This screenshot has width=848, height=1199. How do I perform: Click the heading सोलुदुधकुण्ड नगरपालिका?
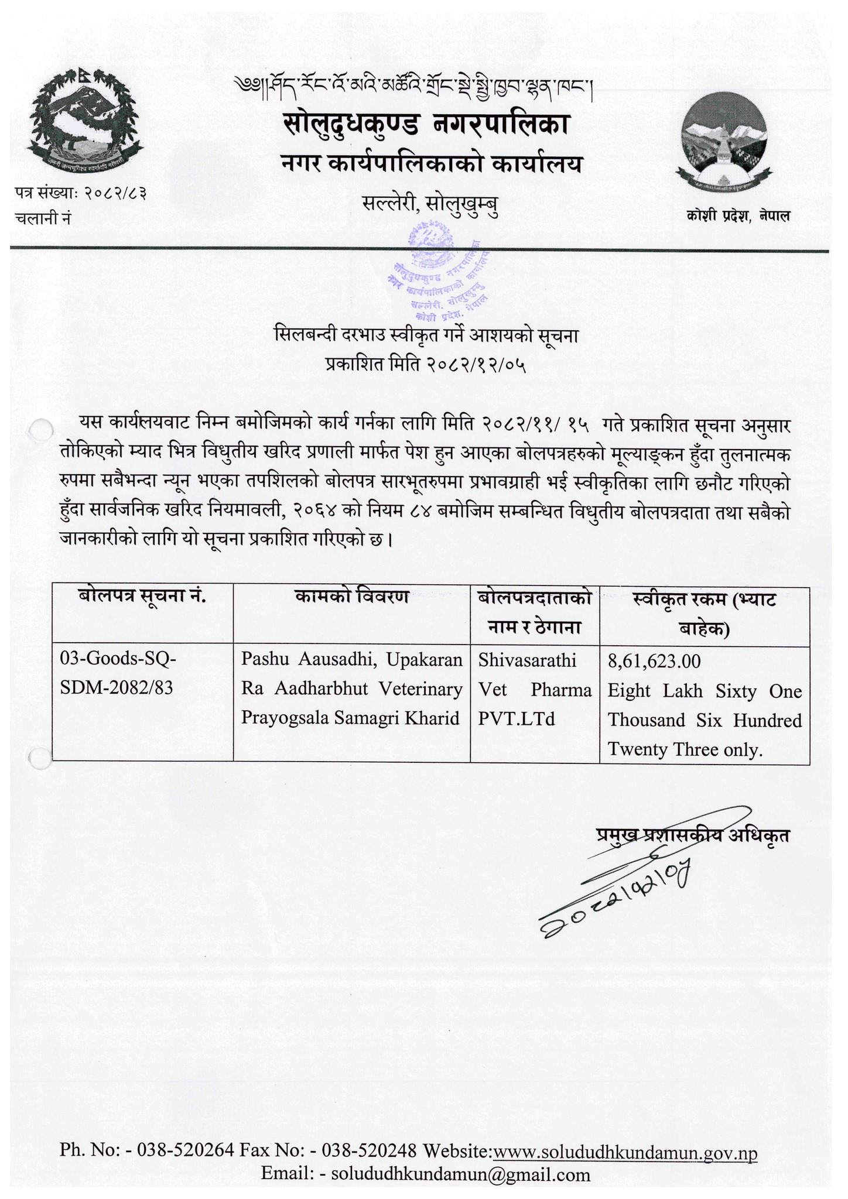coord(426,124)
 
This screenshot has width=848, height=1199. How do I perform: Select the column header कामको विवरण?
coord(351,598)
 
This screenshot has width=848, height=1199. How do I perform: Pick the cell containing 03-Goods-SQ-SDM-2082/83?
coord(117,674)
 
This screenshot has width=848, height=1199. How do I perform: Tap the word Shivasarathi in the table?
coord(527,660)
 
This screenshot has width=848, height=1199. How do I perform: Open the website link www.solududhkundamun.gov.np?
coord(625,1153)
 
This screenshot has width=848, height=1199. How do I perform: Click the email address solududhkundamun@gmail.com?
coord(460,1174)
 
